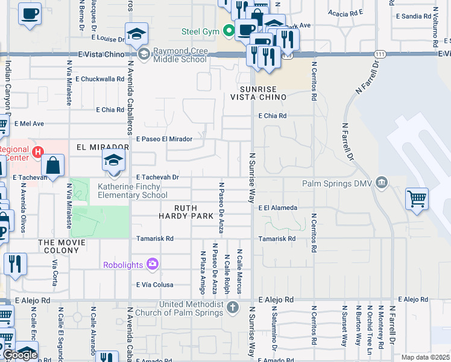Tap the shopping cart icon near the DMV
[417, 198]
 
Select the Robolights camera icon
[152, 264]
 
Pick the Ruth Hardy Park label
[186, 211]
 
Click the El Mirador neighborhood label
[102, 147]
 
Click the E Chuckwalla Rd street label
[99, 78]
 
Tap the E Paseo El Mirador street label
[164, 139]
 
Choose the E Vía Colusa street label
[155, 285]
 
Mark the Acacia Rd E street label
[345, 11]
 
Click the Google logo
[20, 355]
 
